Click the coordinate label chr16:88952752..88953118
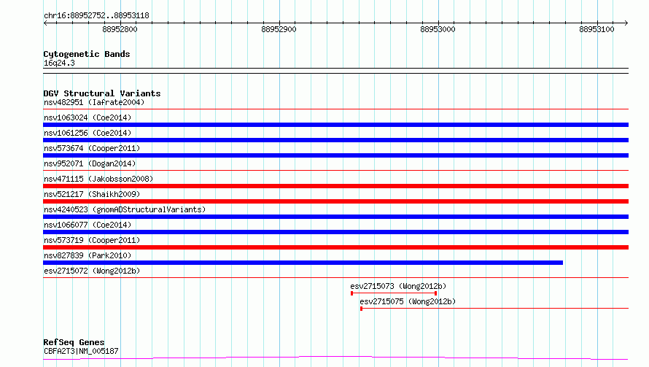(96, 16)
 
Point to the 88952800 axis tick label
(120, 29)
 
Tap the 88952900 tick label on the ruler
(279, 29)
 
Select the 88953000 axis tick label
(438, 29)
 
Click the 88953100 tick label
(596, 29)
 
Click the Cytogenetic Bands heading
(87, 54)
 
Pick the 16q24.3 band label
(59, 63)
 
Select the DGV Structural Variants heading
(102, 93)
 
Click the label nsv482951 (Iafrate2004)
(94, 102)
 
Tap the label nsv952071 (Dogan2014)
(90, 163)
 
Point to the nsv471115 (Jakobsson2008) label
(98, 179)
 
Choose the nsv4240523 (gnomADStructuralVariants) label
(125, 209)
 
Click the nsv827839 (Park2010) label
(88, 255)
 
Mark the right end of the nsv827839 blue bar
(562, 263)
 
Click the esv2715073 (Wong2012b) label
(398, 286)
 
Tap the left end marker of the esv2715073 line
(351, 293)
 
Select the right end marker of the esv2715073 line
(436, 293)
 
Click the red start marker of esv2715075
(362, 309)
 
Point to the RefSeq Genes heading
(74, 343)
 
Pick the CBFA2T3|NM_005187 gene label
(81, 351)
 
